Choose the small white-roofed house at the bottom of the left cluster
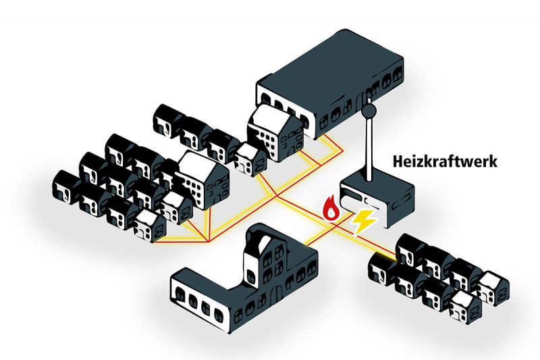[149, 224]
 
